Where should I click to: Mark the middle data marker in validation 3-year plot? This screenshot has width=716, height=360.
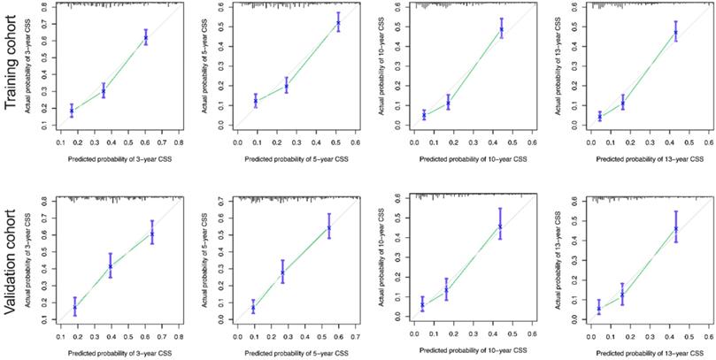(x=111, y=265)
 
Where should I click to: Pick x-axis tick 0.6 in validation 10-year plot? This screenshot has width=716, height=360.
(x=532, y=335)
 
